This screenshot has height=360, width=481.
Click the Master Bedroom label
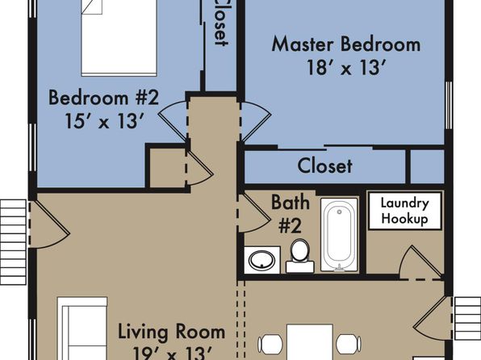point(346,44)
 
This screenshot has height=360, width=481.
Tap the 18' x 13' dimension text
point(345,68)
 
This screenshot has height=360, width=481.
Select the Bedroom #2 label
point(103,98)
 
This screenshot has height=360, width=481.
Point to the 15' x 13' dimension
point(104,121)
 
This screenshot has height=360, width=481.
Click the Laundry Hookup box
point(405,211)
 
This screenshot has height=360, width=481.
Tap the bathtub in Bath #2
point(339,235)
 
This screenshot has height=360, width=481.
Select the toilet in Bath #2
point(299,256)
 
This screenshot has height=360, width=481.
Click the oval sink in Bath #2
point(261,260)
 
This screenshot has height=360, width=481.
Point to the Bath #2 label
point(291,214)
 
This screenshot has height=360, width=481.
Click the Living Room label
point(172,332)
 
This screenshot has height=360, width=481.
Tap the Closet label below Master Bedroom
point(325,166)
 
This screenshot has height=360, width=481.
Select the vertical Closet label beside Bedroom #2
point(221,23)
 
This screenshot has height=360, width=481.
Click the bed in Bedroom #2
point(119,37)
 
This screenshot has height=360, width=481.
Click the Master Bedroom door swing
point(256,122)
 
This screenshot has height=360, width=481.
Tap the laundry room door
point(421,262)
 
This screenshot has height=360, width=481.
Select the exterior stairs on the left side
point(14,242)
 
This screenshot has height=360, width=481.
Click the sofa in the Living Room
point(82,329)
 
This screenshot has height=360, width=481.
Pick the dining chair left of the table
point(270,344)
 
